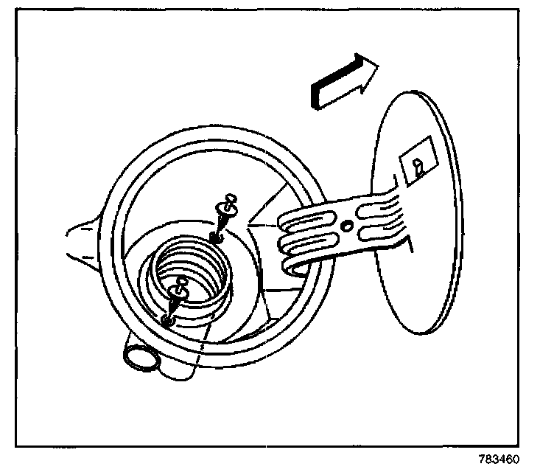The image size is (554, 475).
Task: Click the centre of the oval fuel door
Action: (x=420, y=214)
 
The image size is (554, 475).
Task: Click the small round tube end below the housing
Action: (x=140, y=358)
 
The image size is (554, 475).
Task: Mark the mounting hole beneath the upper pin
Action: (x=216, y=236)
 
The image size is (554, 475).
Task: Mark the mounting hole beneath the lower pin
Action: (x=168, y=320)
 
